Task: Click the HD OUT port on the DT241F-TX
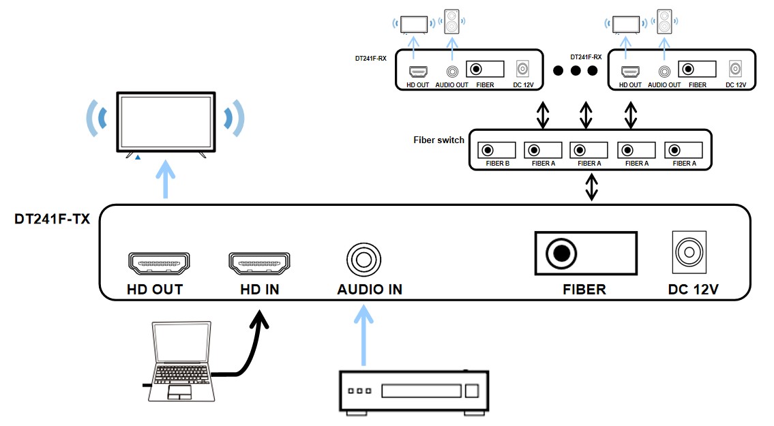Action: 159,262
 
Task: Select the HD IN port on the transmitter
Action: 259,262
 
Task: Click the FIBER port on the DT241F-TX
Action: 561,254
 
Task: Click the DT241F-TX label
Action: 52,219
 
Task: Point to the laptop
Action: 179,361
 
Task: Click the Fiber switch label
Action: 438,140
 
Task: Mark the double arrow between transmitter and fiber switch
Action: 591,186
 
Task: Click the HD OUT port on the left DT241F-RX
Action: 418,70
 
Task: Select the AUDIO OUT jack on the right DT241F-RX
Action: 664,70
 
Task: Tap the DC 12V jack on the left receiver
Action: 522,69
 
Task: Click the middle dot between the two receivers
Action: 576,70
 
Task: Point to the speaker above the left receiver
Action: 451,22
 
